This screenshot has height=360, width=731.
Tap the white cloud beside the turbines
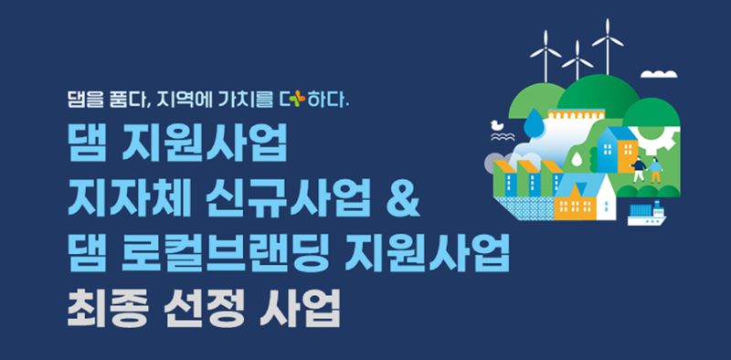[x=659, y=74]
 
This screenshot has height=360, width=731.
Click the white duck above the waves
[x=497, y=125]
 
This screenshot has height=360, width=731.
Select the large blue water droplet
[x=532, y=122]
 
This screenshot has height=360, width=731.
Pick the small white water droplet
[x=577, y=159]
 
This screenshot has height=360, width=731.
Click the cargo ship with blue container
[x=647, y=214]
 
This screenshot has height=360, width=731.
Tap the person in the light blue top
[x=656, y=170]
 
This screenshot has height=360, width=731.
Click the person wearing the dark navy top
[x=639, y=168]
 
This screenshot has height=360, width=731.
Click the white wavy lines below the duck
[x=503, y=137]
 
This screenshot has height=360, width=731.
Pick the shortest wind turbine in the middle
[x=577, y=60]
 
